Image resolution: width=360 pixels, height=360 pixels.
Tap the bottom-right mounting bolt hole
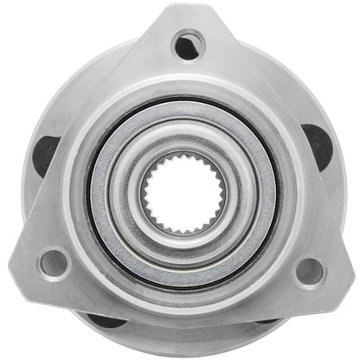(x=308, y=271)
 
